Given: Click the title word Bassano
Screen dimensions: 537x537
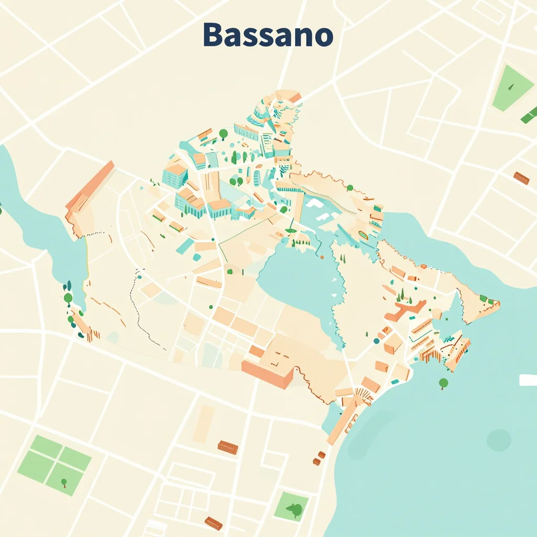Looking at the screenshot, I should tap(267, 36).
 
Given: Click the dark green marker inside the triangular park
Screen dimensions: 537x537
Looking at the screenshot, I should tap(510, 83).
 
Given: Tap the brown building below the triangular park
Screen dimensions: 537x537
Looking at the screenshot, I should tap(521, 178).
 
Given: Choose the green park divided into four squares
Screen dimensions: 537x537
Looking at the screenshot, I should tap(54, 461).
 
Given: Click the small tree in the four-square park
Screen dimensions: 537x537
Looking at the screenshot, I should tap(64, 482).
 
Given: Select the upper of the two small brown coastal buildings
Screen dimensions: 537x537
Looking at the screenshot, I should tap(321, 455).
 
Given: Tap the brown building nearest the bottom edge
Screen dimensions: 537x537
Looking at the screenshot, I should tap(213, 523).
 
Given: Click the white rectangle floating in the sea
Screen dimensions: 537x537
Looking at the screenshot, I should tap(528, 380).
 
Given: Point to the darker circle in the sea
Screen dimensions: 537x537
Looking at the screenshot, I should tap(498, 440).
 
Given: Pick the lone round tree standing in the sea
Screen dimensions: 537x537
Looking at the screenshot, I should tap(444, 383).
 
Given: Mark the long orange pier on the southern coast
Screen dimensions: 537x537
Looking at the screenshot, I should tap(343, 420).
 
